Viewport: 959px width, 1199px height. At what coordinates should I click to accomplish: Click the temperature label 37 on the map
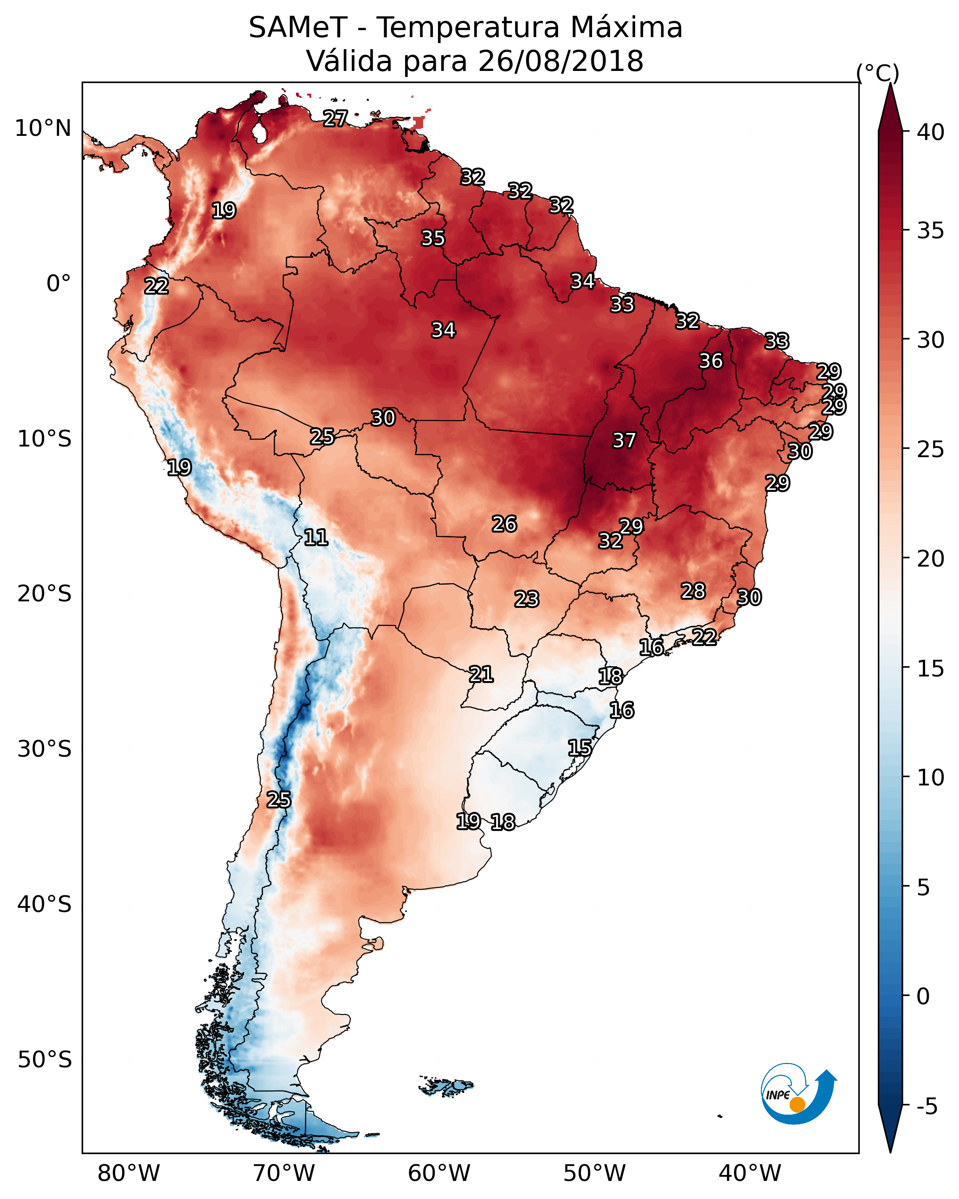point(624,440)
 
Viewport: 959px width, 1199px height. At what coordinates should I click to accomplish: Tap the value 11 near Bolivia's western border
point(315,537)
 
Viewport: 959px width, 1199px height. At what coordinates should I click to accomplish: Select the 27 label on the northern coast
point(335,118)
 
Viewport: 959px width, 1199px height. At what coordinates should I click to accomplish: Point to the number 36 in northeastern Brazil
point(711,361)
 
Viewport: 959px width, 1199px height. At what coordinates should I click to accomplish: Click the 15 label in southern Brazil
point(579,747)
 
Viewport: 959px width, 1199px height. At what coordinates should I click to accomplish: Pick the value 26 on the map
point(504,524)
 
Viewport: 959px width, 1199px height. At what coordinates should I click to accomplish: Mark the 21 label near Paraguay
point(481,675)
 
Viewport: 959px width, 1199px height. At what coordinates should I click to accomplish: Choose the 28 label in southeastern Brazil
point(693,591)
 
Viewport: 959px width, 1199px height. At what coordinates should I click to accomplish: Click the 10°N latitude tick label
point(43,128)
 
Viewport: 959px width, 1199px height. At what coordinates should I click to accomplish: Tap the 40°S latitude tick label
point(45,904)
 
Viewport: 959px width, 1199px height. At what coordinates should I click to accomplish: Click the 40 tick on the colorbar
point(931,132)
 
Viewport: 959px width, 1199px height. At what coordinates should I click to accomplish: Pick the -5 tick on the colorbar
point(927,1107)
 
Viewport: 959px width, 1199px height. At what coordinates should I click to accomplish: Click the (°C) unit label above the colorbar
point(878,73)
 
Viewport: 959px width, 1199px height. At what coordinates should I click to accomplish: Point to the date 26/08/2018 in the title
point(560,61)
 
